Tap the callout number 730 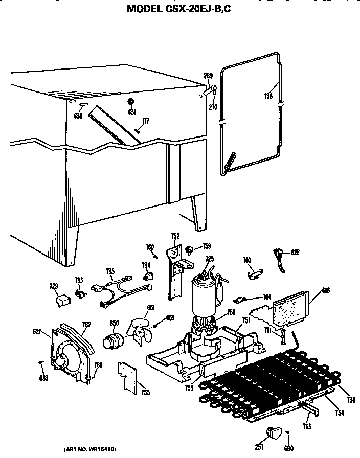(351, 400)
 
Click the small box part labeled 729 (62, 301)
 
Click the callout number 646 (326, 291)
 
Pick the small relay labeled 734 (149, 277)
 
